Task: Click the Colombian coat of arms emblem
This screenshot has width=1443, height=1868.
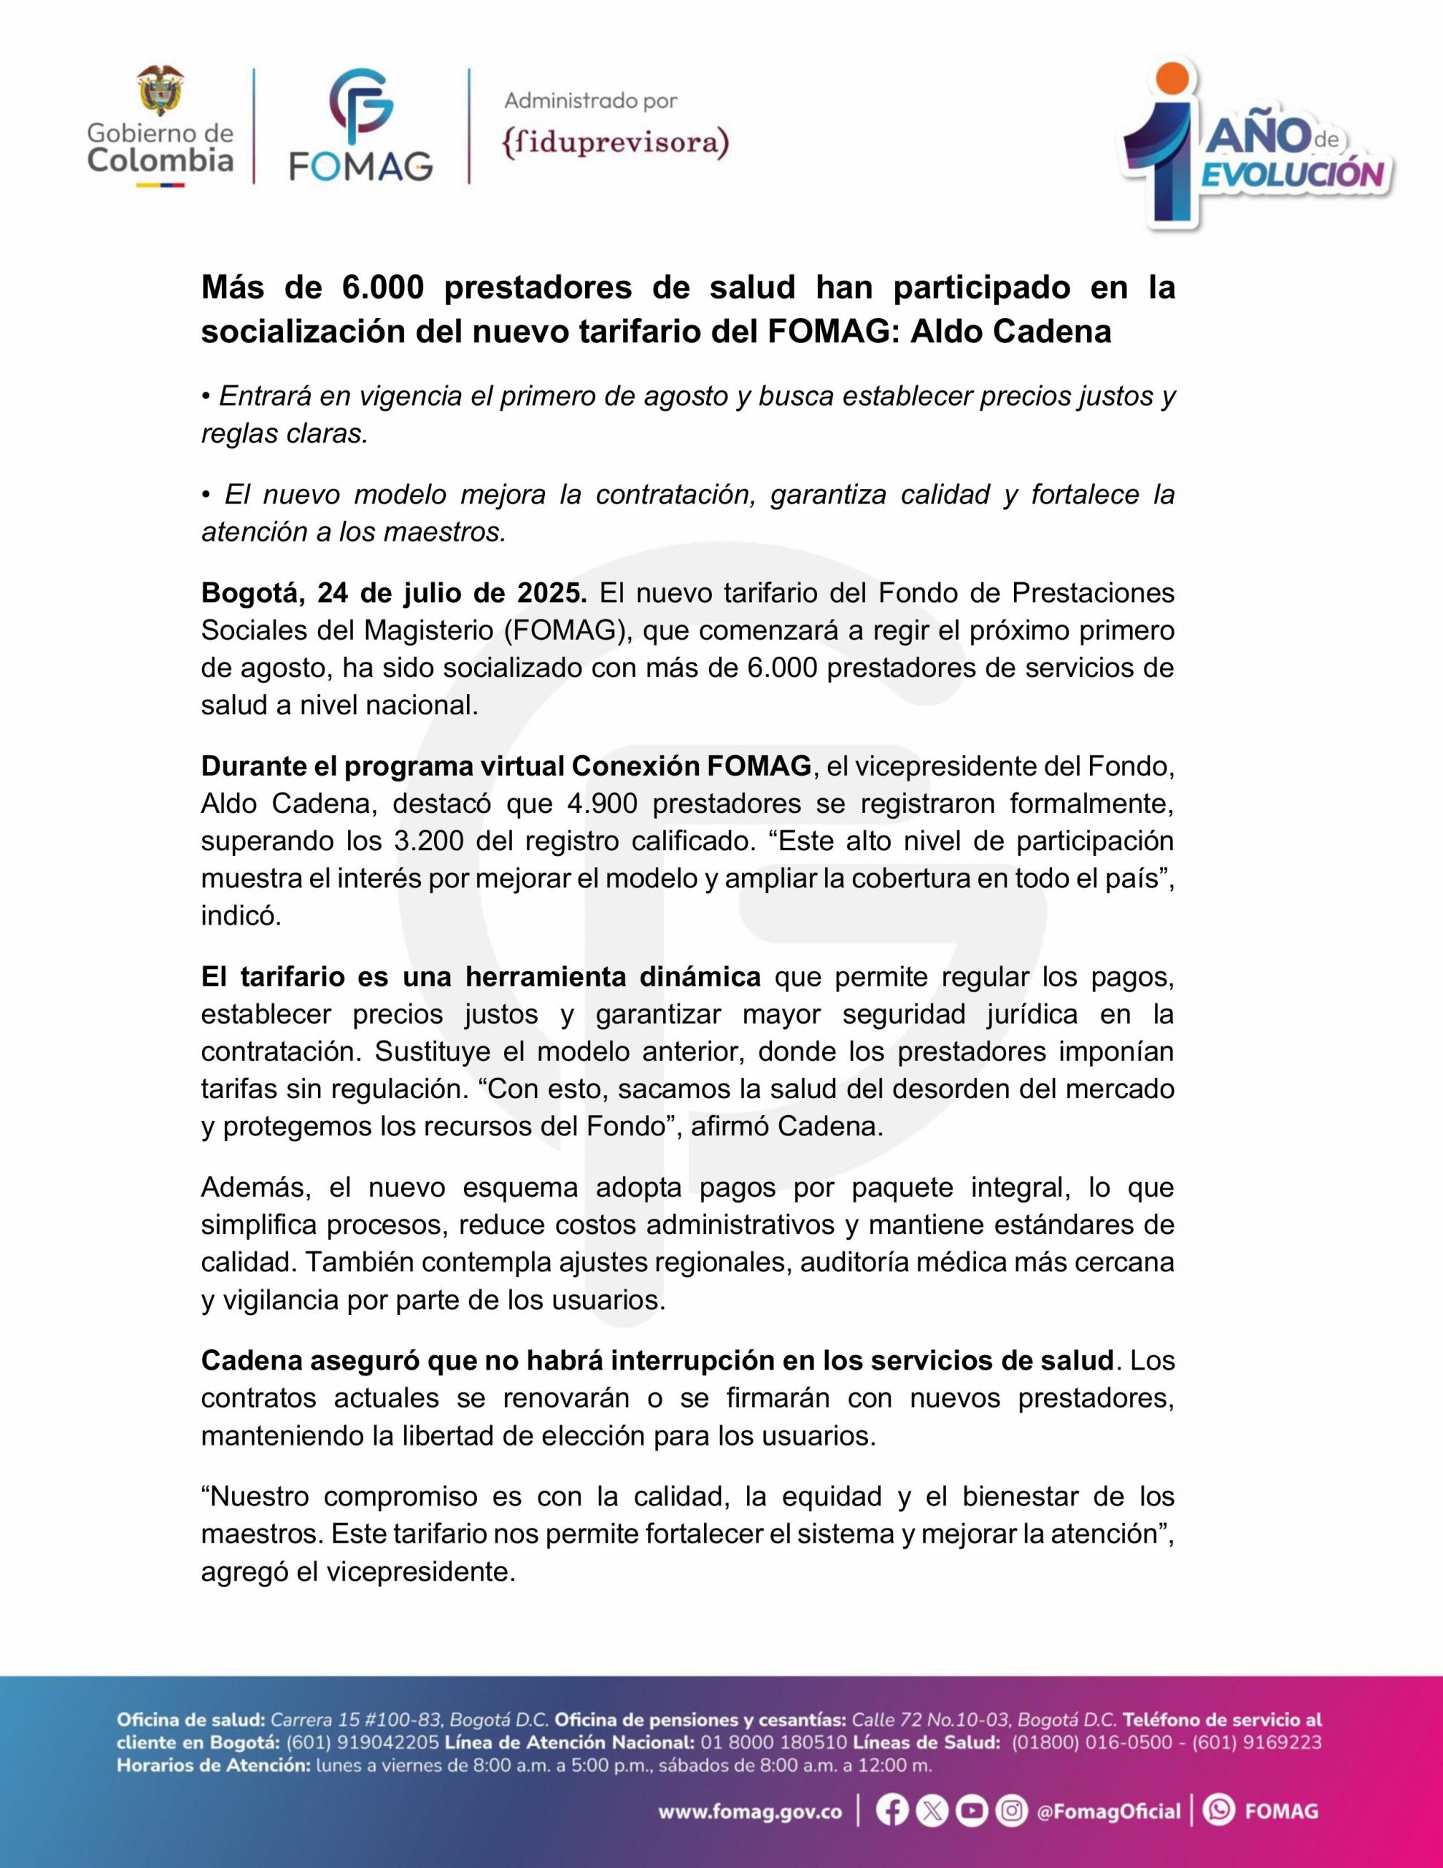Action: point(160,90)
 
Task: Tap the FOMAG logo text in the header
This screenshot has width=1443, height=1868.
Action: point(360,166)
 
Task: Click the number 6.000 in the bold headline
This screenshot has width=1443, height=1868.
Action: point(382,288)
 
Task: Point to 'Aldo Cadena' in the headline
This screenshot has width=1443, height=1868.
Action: point(1010,331)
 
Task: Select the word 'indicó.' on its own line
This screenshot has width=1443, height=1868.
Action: point(240,916)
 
